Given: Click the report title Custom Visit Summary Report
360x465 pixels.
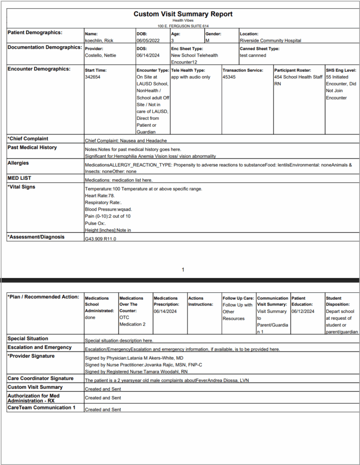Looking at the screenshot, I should point(183,14).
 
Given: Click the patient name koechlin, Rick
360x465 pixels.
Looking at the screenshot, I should point(99,40).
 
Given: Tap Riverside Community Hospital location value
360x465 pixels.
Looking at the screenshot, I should point(270,40).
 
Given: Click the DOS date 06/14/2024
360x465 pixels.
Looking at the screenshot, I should point(147,55).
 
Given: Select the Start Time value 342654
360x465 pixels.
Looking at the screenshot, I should point(92,77).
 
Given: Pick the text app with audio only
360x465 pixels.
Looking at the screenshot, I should point(191,77).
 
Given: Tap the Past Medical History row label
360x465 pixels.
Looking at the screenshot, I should point(32,148).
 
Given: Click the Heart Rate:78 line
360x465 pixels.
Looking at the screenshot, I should point(99,195).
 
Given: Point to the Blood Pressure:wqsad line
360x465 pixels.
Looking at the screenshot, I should point(108,209).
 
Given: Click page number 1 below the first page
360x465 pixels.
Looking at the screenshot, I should point(183,270).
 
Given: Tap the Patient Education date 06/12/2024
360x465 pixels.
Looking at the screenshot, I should point(302,312).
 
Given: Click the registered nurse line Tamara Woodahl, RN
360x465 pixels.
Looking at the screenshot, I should point(136,371).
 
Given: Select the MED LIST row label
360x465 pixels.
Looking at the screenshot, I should point(20,178).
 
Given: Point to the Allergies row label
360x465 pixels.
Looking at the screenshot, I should point(18,163).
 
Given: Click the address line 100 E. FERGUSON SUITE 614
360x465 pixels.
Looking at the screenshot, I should point(183,26).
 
